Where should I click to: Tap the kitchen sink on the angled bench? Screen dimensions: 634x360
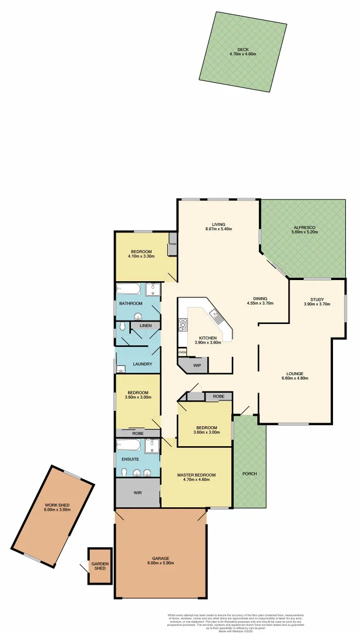[x=217, y=317]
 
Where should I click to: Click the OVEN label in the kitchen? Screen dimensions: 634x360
[x=183, y=352]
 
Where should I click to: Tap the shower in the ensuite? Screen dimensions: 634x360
[x=152, y=447]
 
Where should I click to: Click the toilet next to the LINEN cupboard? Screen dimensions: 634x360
[x=122, y=326]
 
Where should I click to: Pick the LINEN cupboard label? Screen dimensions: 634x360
[x=146, y=325]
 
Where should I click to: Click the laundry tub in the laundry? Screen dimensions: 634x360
[x=120, y=369]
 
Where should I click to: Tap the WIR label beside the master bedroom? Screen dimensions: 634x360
[x=137, y=492]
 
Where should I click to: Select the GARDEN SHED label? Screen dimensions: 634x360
[x=100, y=566]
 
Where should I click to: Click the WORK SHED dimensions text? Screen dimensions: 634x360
[x=56, y=510]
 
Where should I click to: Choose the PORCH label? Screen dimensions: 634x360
[x=249, y=474]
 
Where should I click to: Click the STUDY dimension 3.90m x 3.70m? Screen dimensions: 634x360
[x=317, y=304]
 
